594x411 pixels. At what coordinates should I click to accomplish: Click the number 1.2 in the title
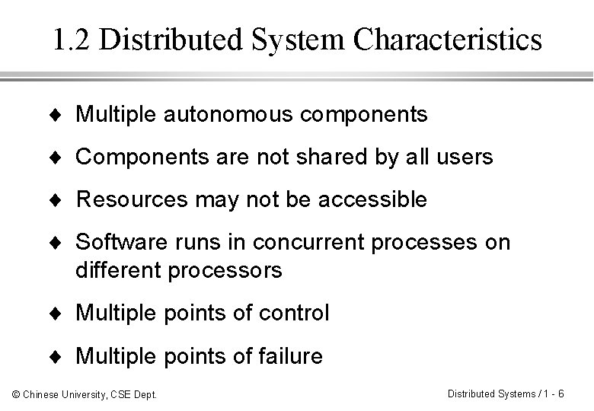pyautogui.click(x=72, y=40)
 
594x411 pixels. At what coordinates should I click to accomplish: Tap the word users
pyautogui.click(x=465, y=158)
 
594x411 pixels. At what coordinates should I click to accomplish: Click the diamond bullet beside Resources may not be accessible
pyautogui.click(x=60, y=200)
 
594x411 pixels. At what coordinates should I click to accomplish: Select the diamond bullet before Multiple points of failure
pyautogui.click(x=60, y=355)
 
